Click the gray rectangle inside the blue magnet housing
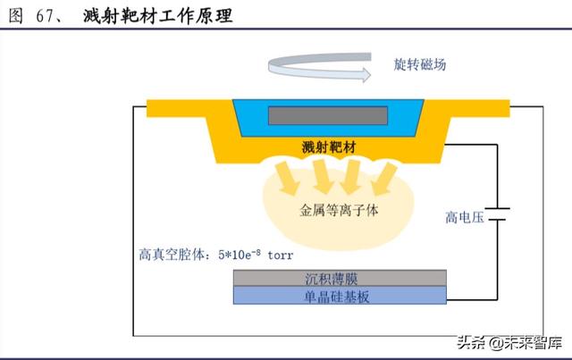(x=328, y=115)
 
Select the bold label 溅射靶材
(x=328, y=147)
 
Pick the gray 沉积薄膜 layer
(x=337, y=280)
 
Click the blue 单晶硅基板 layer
(x=337, y=296)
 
